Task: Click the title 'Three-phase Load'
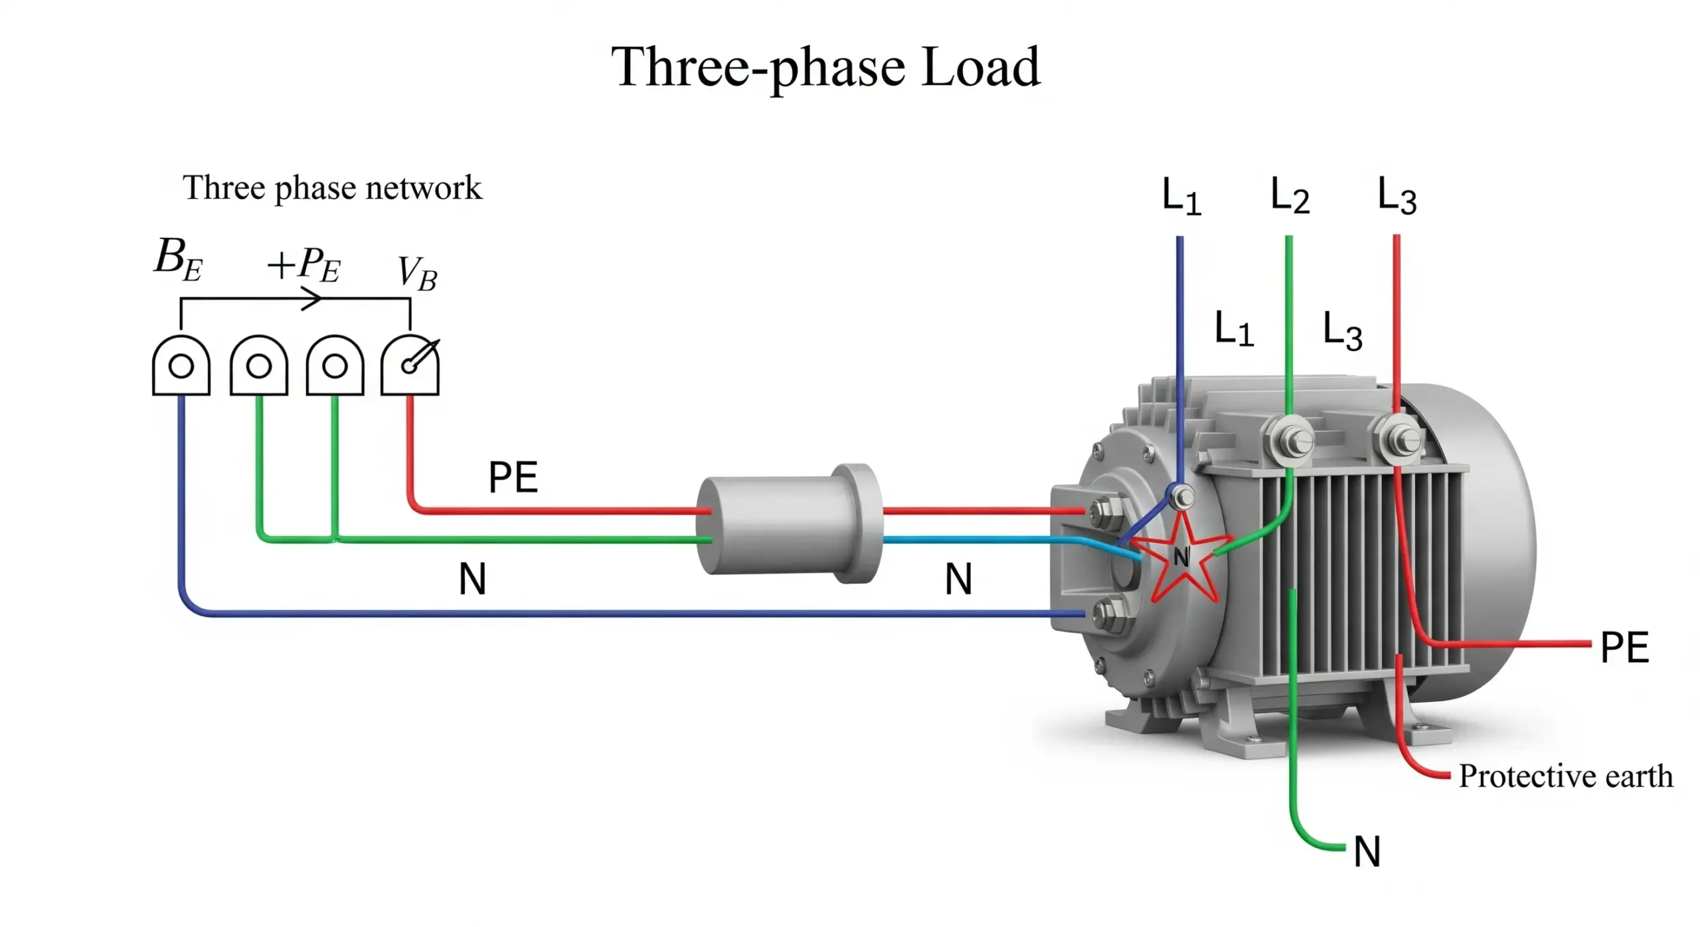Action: click(825, 68)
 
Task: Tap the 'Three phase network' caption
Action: click(332, 188)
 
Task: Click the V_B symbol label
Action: click(417, 273)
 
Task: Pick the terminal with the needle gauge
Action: click(410, 366)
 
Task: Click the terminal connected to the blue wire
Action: click(181, 366)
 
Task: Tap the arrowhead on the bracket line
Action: click(312, 299)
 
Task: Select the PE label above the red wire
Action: click(513, 477)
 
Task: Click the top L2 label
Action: click(1290, 196)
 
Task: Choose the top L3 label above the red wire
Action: click(1397, 196)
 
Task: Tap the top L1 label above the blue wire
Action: click(1181, 197)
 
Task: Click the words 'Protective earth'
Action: click(1565, 776)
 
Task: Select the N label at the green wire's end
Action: click(1367, 852)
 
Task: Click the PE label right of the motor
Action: click(1624, 647)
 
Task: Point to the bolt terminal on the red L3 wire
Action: click(1398, 438)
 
